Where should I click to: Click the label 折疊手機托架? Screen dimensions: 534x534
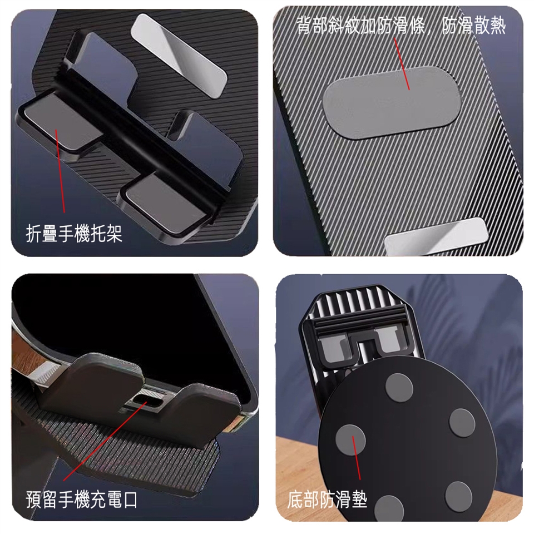click(74, 234)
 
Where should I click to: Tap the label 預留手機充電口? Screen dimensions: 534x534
click(82, 500)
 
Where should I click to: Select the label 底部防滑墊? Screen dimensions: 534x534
click(327, 500)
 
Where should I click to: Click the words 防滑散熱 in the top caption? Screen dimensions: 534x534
click(474, 26)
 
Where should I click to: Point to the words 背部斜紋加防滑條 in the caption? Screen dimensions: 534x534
click(360, 26)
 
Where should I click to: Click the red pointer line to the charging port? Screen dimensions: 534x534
click(105, 441)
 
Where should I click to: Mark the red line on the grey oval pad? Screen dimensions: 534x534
click(402, 63)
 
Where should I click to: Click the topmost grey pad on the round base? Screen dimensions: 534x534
click(399, 388)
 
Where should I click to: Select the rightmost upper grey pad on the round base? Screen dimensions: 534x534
click(462, 423)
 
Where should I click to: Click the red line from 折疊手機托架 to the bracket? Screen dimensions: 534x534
click(60, 171)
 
